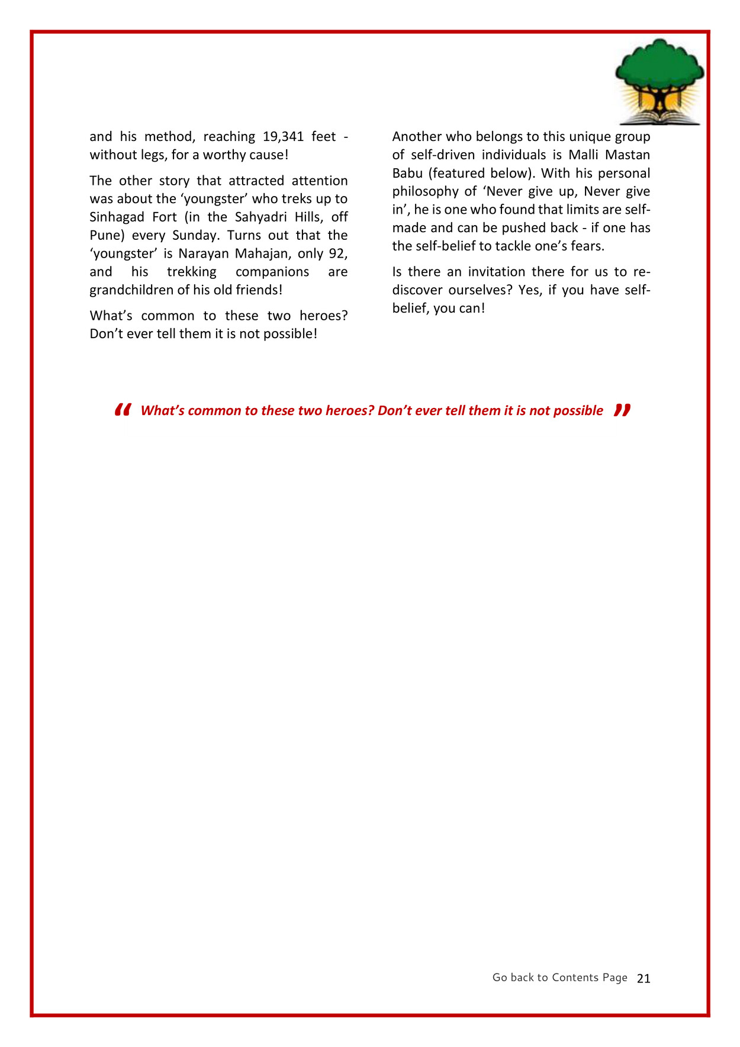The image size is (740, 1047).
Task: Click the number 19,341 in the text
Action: click(283, 137)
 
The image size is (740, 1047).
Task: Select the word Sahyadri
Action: click(260, 217)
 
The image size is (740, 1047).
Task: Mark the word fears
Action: click(587, 246)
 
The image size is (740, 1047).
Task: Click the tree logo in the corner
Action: click(659, 82)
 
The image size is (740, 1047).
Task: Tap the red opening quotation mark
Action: click(123, 410)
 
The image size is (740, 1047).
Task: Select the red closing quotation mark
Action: click(622, 410)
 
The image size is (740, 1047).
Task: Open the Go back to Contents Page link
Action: click(559, 978)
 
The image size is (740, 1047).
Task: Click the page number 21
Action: click(644, 979)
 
